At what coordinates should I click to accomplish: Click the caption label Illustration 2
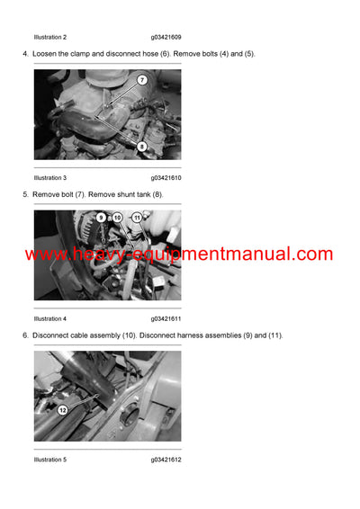(x=50, y=37)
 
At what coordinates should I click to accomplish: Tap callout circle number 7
(x=141, y=81)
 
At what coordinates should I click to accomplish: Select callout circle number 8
(x=142, y=146)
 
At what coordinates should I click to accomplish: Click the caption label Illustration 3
(x=50, y=178)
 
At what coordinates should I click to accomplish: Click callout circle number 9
(x=101, y=218)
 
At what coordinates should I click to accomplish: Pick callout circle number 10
(x=117, y=218)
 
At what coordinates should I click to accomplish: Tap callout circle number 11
(x=137, y=218)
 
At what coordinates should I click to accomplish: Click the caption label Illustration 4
(x=50, y=318)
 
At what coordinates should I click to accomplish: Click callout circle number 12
(x=62, y=410)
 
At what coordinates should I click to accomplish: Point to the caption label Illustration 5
(x=50, y=460)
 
